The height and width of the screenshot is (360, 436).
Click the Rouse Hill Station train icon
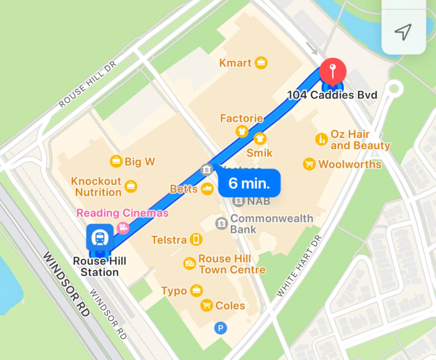coord(100,238)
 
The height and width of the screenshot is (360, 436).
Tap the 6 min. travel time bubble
coord(249,183)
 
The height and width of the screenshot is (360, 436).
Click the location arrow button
coord(403,32)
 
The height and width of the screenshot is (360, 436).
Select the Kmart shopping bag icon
coord(261,63)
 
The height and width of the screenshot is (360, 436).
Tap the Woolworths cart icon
coord(309,164)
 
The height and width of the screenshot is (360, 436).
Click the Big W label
coord(140,162)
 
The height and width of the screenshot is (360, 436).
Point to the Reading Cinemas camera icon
coord(123,227)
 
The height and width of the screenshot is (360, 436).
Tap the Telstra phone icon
coord(196,240)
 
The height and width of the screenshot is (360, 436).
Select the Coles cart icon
coord(206,305)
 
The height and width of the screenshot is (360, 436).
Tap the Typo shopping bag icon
coord(196,291)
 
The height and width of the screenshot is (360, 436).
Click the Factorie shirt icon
coord(242,132)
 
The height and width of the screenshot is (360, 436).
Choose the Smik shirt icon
coord(260,139)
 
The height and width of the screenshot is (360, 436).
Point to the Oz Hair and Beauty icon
coord(321,139)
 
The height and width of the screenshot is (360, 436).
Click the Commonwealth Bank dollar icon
coord(222,223)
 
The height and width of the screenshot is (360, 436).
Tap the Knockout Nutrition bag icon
coord(131,186)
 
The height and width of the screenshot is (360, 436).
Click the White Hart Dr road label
coord(299,265)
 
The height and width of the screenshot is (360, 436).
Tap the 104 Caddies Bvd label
coord(332,95)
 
